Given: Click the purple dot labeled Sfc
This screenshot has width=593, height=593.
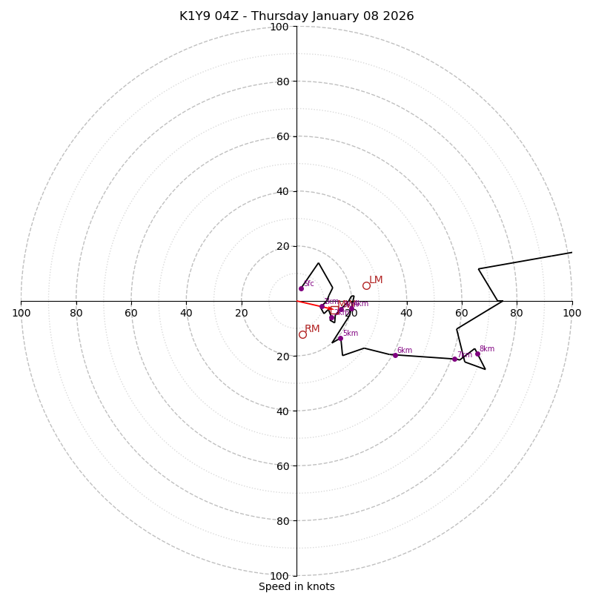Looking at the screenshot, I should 301,288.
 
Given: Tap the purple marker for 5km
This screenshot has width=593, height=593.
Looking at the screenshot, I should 340,339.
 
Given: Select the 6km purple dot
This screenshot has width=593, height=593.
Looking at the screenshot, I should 395,355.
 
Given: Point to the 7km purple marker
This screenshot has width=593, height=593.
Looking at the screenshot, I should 454,359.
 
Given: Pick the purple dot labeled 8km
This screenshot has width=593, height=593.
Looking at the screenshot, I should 477,354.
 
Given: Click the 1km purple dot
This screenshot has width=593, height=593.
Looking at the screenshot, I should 322,306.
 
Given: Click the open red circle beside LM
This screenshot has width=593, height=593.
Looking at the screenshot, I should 366,285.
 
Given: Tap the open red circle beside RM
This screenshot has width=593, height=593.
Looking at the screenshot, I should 302,334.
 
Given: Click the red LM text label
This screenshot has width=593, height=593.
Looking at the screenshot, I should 376,280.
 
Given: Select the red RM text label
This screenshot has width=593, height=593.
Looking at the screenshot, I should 312,329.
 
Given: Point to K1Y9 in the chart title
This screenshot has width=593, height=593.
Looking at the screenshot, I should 195,16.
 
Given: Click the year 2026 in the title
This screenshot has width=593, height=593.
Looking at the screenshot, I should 399,16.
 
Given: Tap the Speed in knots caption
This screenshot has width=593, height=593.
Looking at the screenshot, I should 296,586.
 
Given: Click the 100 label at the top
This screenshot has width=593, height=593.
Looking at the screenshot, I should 279,27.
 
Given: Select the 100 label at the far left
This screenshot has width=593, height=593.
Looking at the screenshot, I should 21,313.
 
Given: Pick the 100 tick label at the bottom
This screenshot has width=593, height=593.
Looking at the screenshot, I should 279,575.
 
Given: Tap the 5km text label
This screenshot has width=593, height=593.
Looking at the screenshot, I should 350,334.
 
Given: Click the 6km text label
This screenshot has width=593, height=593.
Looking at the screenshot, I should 404,351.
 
